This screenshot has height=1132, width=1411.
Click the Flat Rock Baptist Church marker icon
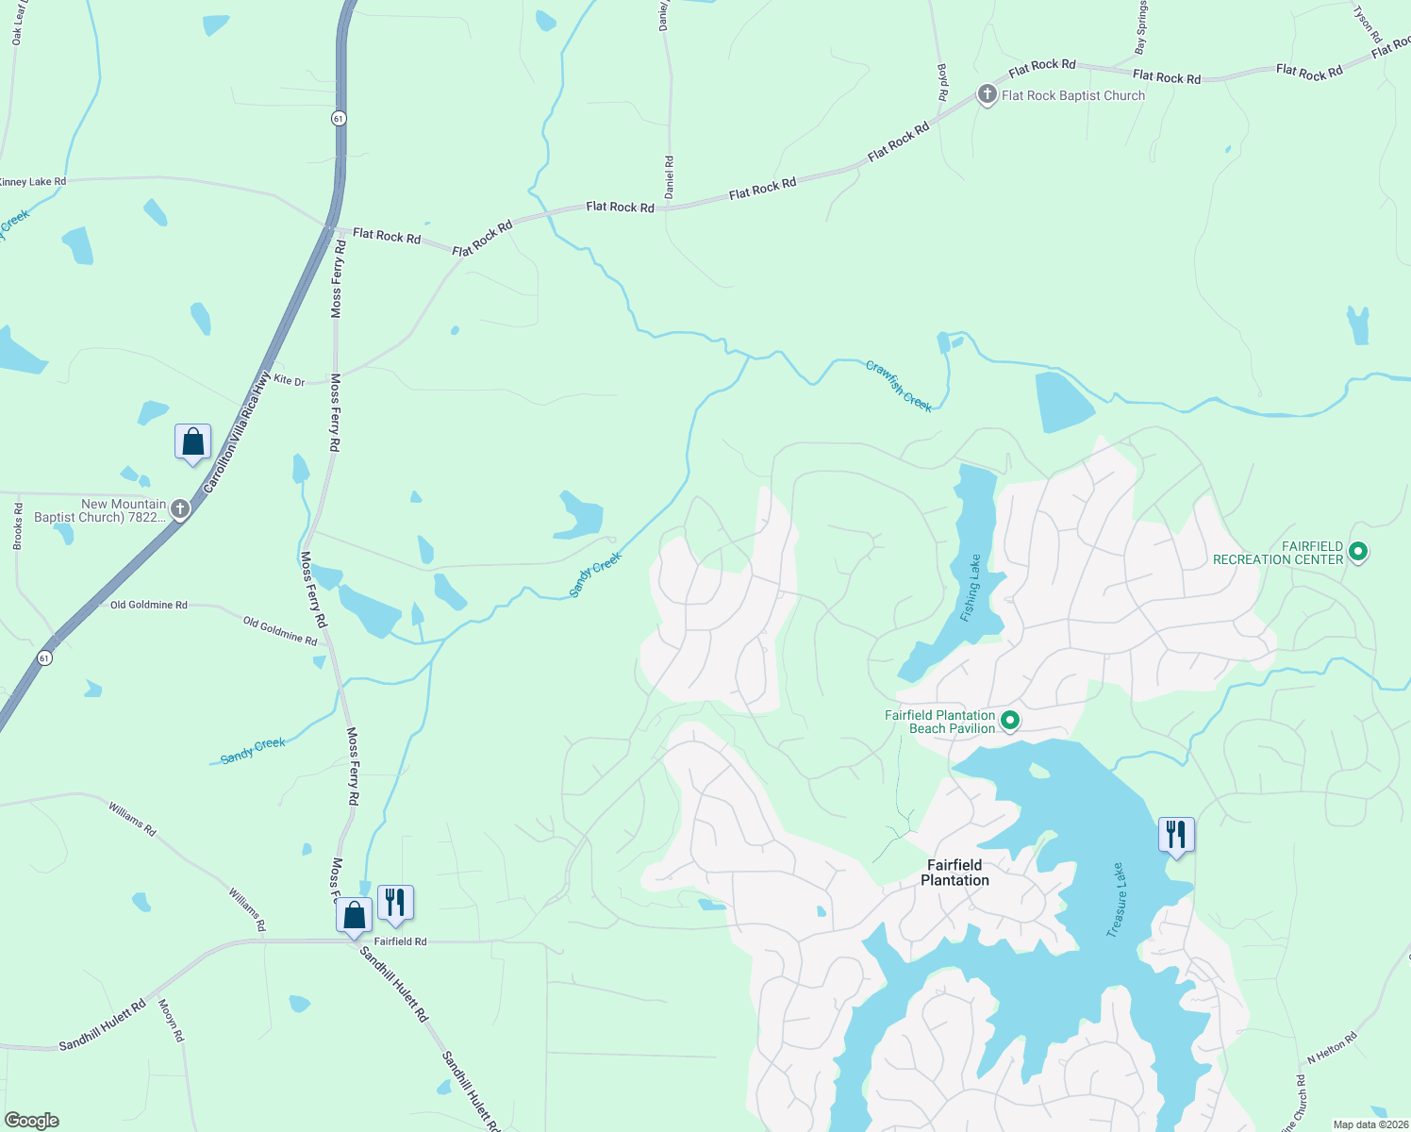coord(987,94)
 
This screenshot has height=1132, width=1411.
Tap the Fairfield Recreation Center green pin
coord(1358,551)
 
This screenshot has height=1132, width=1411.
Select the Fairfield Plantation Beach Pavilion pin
coord(1010,721)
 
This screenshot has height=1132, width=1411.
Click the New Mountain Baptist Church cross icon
coord(179,509)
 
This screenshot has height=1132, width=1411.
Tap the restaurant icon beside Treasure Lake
coord(1176,835)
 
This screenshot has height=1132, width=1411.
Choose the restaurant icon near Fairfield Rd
coord(395,903)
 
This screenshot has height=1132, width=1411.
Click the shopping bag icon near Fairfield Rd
coord(354,915)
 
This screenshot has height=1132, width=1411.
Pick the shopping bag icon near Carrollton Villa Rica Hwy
coord(192,441)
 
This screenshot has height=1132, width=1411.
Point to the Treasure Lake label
coord(1116,900)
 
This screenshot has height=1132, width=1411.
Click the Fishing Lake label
coord(971,588)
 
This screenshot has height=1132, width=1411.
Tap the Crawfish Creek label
coord(899,386)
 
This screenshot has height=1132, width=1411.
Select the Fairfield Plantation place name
coord(954,873)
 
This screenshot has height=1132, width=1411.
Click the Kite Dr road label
coord(290,381)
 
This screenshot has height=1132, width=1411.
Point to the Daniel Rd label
coord(669,176)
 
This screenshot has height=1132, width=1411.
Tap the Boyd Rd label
coord(941,82)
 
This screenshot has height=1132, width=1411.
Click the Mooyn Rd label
coord(172,1021)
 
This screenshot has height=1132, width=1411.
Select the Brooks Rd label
coord(18,526)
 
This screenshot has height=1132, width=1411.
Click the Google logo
coord(31,1121)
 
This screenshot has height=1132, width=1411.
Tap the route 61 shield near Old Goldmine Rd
coord(45,658)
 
